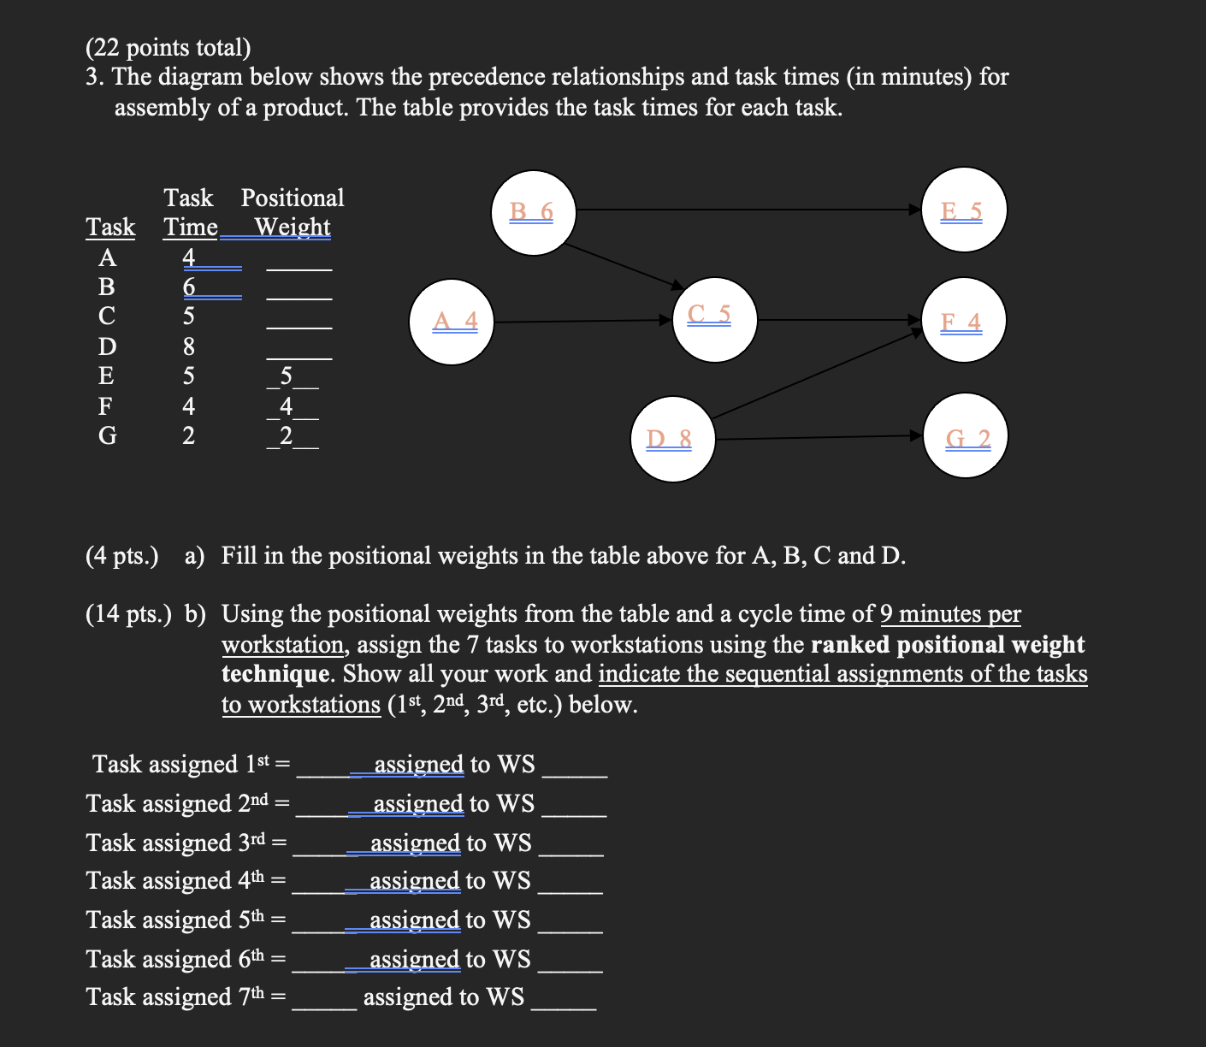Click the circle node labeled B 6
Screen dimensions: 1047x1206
coord(534,213)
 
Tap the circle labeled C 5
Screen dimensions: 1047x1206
coord(714,319)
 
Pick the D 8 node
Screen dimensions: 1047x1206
coord(673,439)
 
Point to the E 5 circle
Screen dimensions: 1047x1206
coord(965,210)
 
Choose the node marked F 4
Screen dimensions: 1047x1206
coord(964,321)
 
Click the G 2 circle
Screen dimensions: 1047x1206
coord(966,436)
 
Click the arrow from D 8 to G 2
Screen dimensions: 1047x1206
coord(817,437)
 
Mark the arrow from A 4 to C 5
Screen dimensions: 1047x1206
coord(582,322)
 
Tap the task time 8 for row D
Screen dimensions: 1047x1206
coord(189,346)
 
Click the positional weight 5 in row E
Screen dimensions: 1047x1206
coord(287,376)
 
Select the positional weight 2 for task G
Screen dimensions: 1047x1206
coord(287,435)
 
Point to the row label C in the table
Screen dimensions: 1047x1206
coord(106,316)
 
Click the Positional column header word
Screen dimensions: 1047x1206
coord(293,198)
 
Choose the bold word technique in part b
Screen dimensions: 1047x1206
coord(275,674)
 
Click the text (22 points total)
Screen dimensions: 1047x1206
coord(168,48)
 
